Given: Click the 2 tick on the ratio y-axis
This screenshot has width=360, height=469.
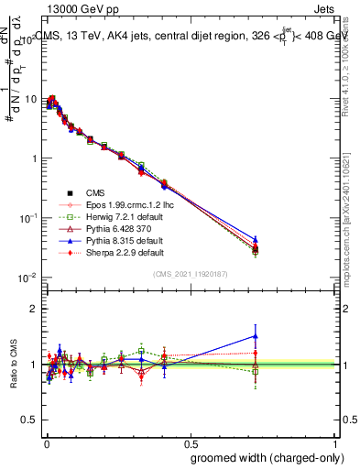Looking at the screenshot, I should [34, 309].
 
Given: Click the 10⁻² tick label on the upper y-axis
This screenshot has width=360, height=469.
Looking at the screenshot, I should [27, 278].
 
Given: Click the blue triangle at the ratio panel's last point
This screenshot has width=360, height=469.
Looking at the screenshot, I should [256, 336].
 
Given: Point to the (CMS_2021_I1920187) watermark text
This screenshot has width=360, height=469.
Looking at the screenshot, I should [190, 273].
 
